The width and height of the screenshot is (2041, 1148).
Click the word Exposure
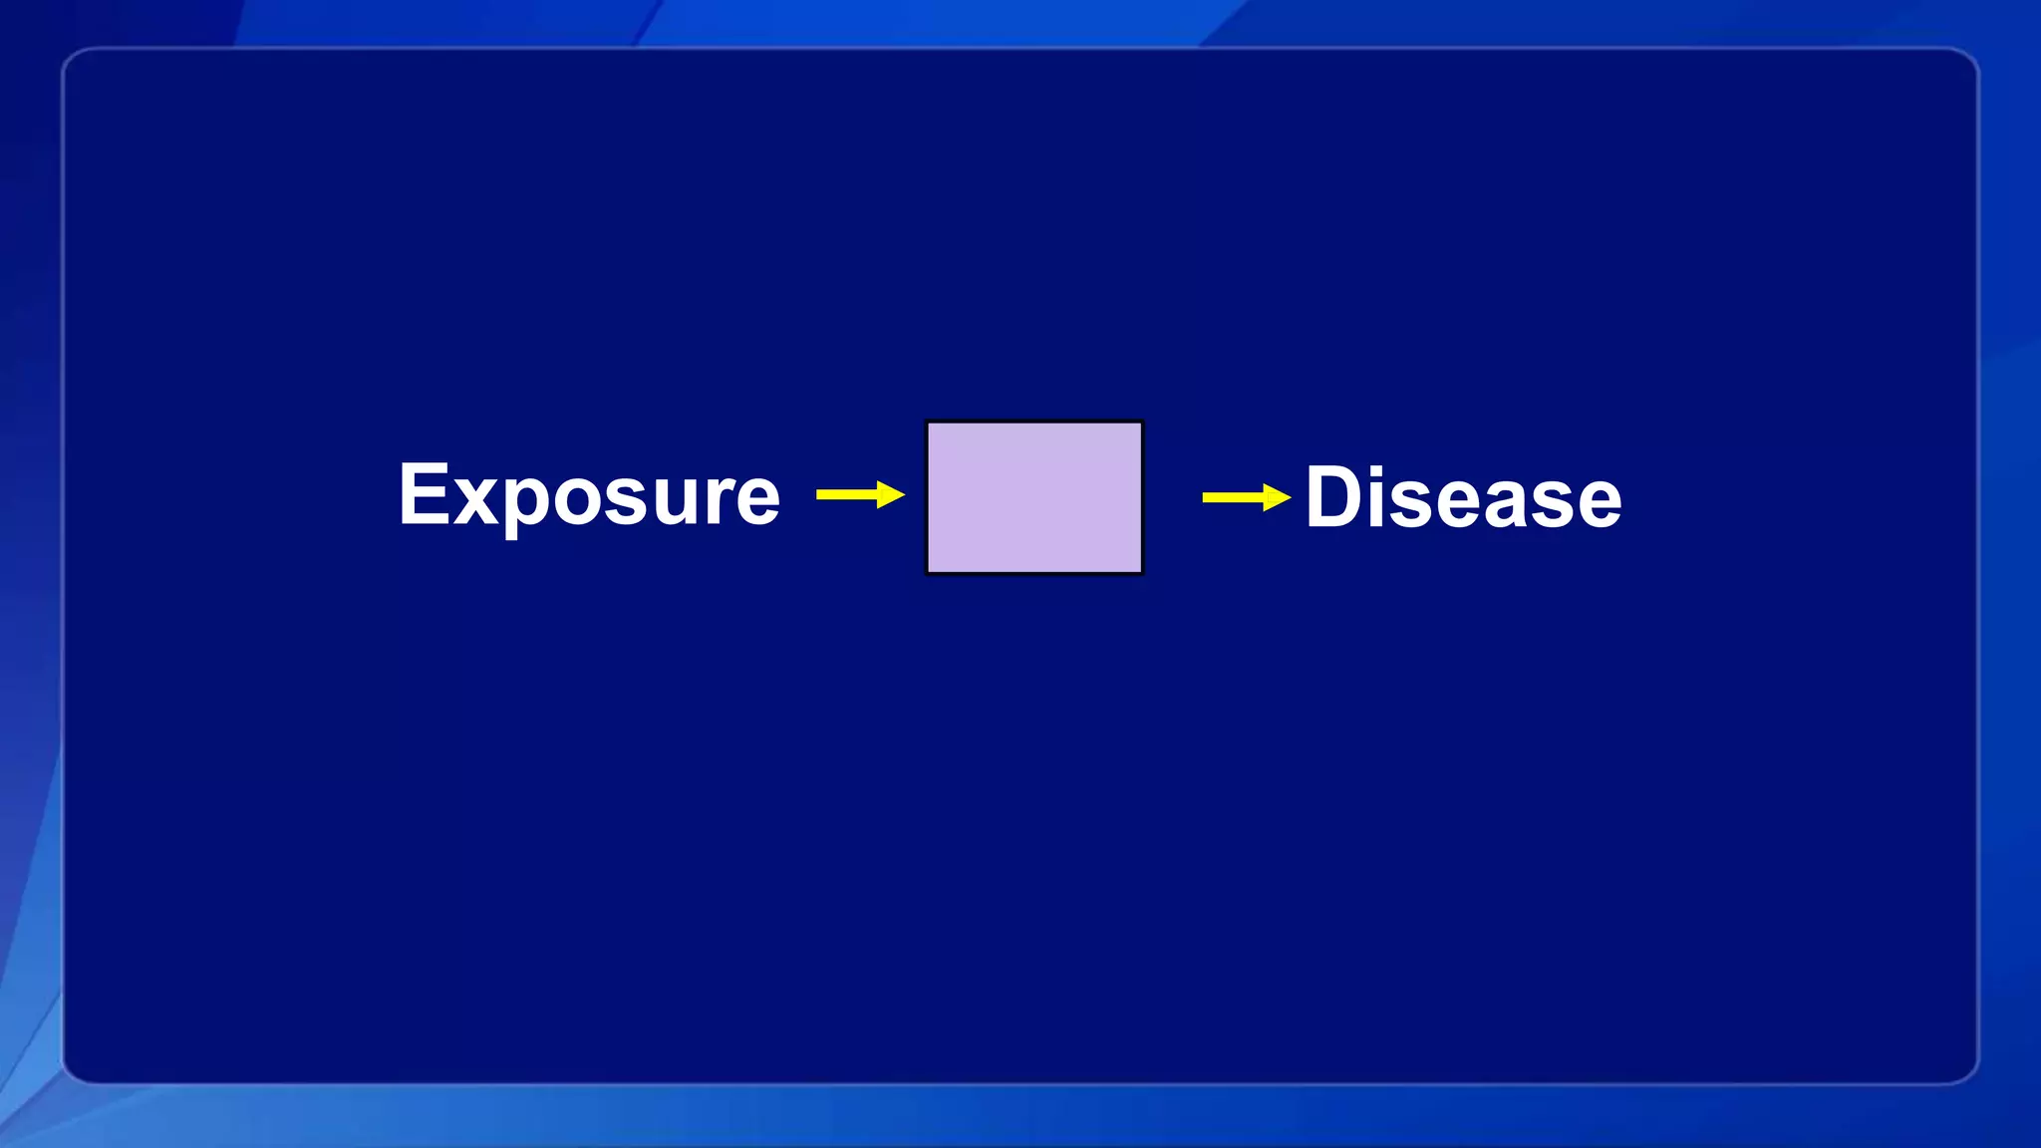(588, 495)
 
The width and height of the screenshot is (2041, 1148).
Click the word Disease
(1463, 497)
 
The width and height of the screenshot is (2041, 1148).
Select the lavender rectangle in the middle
(1034, 497)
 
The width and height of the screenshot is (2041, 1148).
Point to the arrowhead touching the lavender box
(891, 494)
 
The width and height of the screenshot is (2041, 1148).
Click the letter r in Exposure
(723, 498)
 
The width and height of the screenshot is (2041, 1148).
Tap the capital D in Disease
(1336, 496)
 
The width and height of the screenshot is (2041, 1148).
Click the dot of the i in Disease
(1387, 470)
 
